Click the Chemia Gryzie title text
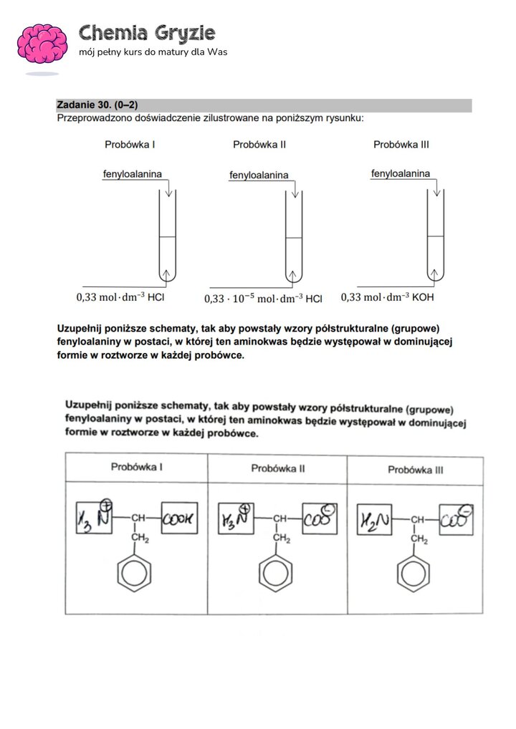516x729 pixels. [x=147, y=33]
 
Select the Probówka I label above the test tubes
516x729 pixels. [x=130, y=145]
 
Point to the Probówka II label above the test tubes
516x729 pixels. [x=259, y=145]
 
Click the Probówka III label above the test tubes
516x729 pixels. [x=401, y=145]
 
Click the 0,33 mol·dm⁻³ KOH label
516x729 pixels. [x=388, y=296]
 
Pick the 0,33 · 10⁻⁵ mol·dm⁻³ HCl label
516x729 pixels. [x=263, y=299]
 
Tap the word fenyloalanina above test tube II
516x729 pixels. [x=259, y=175]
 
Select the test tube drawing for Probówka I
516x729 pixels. [x=167, y=236]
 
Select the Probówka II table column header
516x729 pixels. [x=277, y=468]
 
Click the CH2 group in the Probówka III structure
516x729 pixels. [x=418, y=539]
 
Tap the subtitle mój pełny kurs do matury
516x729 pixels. [x=153, y=53]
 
